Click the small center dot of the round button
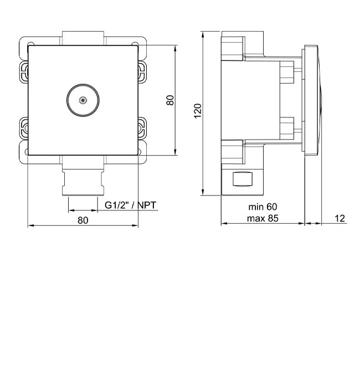coord(83,100)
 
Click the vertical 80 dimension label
coord(170,100)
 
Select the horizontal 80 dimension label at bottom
coord(83,220)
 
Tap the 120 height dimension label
coord(198,111)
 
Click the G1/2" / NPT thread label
coord(131,205)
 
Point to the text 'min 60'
coord(263,207)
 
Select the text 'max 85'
coord(263,219)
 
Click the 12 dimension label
coord(340,219)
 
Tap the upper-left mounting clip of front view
coord(23,73)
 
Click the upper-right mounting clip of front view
coord(142,73)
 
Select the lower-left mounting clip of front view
coord(23,128)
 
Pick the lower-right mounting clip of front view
coord(142,128)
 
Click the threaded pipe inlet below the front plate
coord(83,182)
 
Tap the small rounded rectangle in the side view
coord(243,179)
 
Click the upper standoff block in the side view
coord(287,72)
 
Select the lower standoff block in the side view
coord(287,128)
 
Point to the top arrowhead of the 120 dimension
coord(203,34)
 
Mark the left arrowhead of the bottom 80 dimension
coord(30,225)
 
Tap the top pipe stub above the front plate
coord(83,38)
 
